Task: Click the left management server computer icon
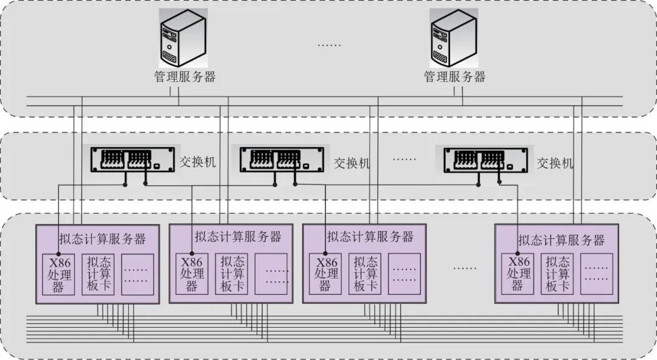(183, 38)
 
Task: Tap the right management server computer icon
(454, 38)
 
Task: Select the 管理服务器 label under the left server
(185, 77)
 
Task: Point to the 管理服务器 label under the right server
(454, 77)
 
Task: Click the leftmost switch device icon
(133, 159)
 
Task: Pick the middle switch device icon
(282, 159)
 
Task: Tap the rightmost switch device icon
(486, 159)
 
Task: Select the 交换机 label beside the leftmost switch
(198, 162)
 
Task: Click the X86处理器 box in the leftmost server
(58, 274)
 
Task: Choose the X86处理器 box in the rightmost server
(518, 274)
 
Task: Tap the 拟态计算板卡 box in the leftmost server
(98, 274)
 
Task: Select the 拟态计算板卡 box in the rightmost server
(557, 274)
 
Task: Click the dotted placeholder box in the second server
(271, 274)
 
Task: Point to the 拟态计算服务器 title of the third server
(370, 237)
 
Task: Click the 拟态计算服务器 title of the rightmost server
(561, 240)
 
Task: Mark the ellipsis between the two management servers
(329, 44)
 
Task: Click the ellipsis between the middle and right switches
(405, 159)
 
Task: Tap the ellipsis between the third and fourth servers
(465, 268)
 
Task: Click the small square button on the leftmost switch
(157, 166)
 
